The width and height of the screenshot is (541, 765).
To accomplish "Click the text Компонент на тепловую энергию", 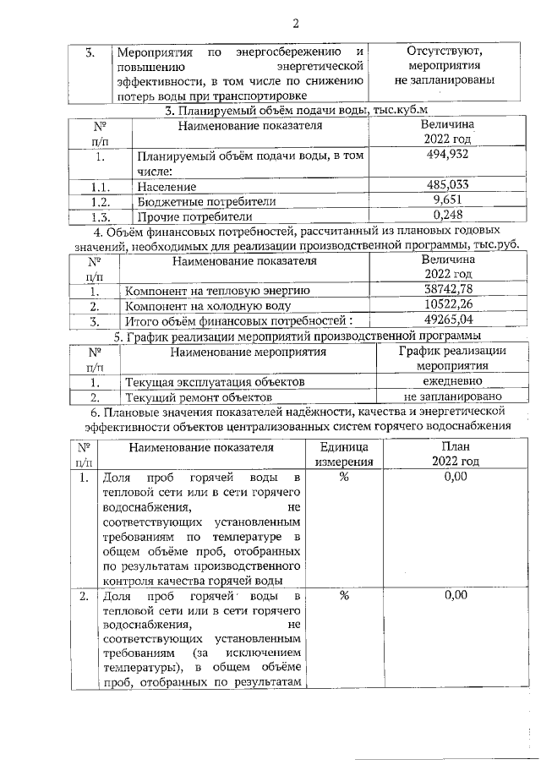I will [217, 291].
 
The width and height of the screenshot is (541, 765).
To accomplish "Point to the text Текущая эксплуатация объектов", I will [215, 382].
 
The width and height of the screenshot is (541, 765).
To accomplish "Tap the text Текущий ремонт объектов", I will [198, 396].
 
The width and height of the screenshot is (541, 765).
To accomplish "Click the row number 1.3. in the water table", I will [101, 216].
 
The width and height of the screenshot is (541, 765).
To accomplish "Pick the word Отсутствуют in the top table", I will [444, 50].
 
